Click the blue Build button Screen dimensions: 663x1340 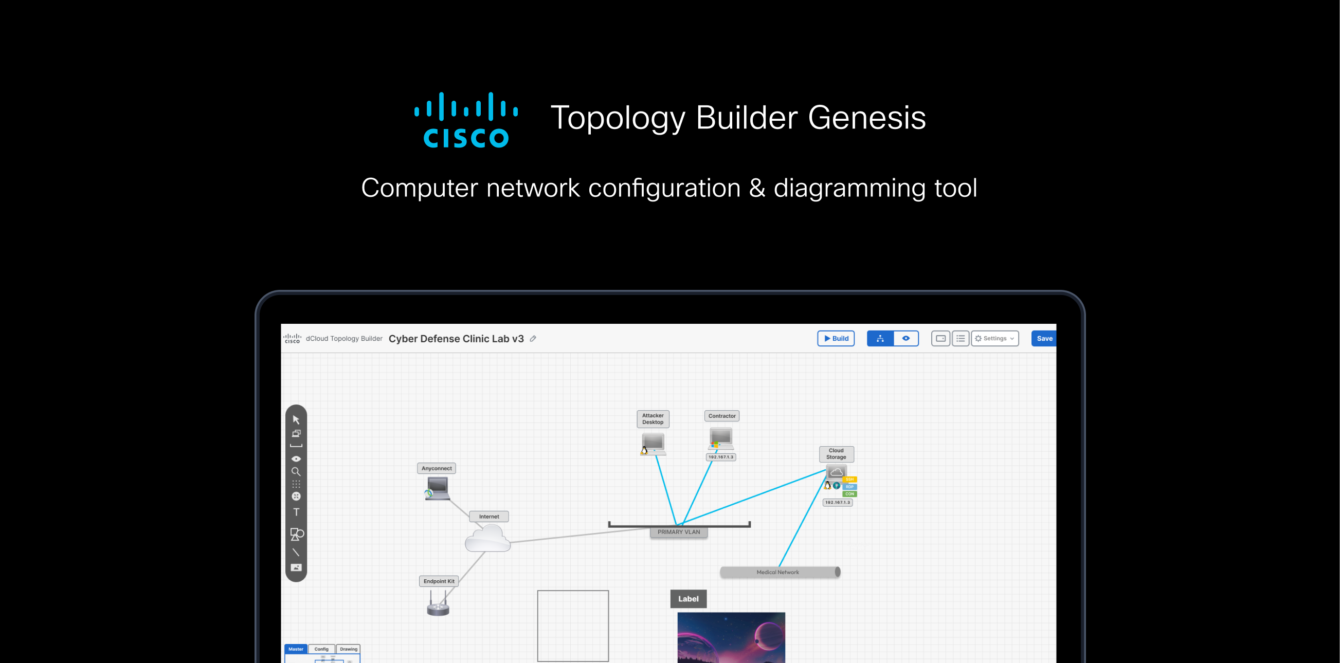[836, 339]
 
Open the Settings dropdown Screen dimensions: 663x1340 [994, 339]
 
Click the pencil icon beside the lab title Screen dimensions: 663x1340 [533, 339]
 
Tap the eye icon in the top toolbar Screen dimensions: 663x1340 [906, 339]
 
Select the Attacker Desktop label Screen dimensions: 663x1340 [653, 418]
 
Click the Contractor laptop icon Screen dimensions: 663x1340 [721, 438]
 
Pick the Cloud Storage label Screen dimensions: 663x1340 [836, 453]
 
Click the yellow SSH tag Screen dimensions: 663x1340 [849, 480]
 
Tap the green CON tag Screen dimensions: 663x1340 [849, 494]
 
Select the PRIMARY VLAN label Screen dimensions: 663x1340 [678, 532]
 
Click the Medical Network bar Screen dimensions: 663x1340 [778, 572]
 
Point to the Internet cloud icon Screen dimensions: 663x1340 [487, 538]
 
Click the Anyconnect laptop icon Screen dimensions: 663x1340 [437, 488]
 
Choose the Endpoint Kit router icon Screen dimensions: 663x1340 [438, 605]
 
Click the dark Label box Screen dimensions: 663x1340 [687, 599]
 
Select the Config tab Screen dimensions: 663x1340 [321, 649]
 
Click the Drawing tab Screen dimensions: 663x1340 [349, 649]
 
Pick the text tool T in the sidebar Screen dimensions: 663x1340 [296, 512]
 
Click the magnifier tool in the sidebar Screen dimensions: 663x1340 [296, 472]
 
